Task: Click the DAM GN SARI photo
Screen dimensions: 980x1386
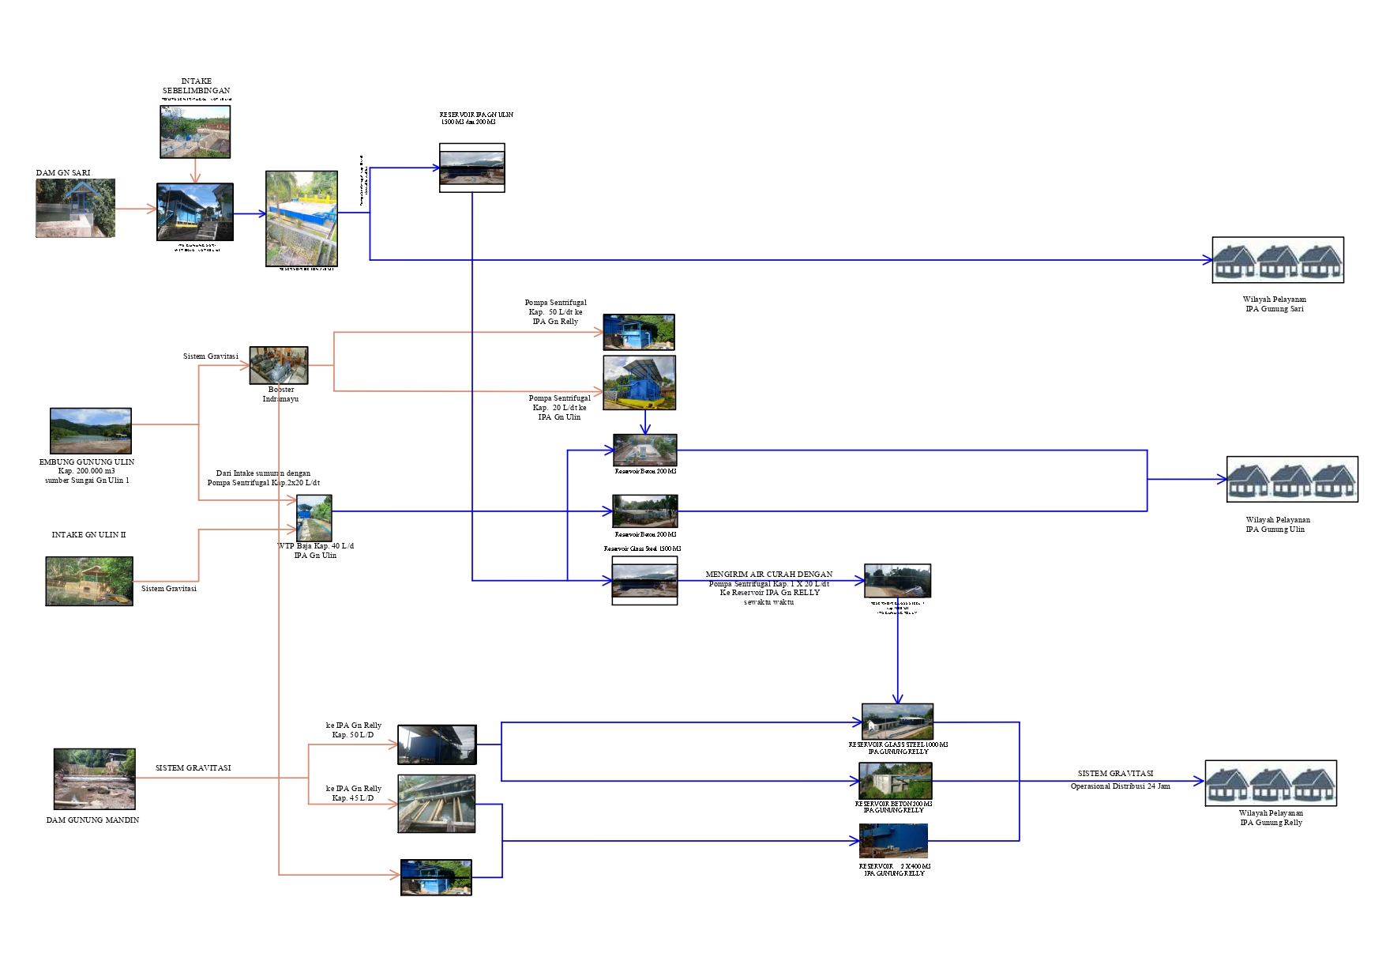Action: pyautogui.click(x=75, y=208)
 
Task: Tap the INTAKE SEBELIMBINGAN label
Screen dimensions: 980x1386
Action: pyautogui.click(x=196, y=86)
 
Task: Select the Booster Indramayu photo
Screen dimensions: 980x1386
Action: pyautogui.click(x=278, y=365)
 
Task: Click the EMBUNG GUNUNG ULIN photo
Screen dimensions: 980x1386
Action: pyautogui.click(x=90, y=431)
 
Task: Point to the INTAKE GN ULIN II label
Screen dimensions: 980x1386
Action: pyautogui.click(x=88, y=535)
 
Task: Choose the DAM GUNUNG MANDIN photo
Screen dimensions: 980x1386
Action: pyautogui.click(x=94, y=779)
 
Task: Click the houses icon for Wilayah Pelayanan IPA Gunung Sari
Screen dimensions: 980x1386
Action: pyautogui.click(x=1277, y=260)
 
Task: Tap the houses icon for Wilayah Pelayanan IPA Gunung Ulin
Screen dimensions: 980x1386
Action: pyautogui.click(x=1291, y=479)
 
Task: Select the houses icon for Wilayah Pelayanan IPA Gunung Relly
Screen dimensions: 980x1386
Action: pyautogui.click(x=1270, y=783)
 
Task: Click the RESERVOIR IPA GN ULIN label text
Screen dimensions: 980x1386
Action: pyautogui.click(x=476, y=115)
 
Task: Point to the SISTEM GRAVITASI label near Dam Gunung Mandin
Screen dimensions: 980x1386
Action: pyautogui.click(x=193, y=768)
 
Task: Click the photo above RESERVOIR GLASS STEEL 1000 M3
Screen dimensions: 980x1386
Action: pyautogui.click(x=897, y=722)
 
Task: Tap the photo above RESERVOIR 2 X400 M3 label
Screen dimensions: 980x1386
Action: pyautogui.click(x=893, y=841)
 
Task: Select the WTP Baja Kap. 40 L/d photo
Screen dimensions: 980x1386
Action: pyautogui.click(x=314, y=518)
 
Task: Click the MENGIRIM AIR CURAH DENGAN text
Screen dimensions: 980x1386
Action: pyautogui.click(x=768, y=575)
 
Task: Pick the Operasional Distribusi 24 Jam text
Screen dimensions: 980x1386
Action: pyautogui.click(x=1120, y=786)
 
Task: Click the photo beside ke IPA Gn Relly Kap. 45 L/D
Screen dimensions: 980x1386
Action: pyautogui.click(x=437, y=804)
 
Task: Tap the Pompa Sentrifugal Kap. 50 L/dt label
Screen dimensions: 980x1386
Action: pyautogui.click(x=555, y=312)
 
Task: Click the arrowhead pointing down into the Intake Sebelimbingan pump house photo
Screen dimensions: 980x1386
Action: pyautogui.click(x=195, y=179)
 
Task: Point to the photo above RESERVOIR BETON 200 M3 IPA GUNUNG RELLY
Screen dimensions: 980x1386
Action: pyautogui.click(x=896, y=781)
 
